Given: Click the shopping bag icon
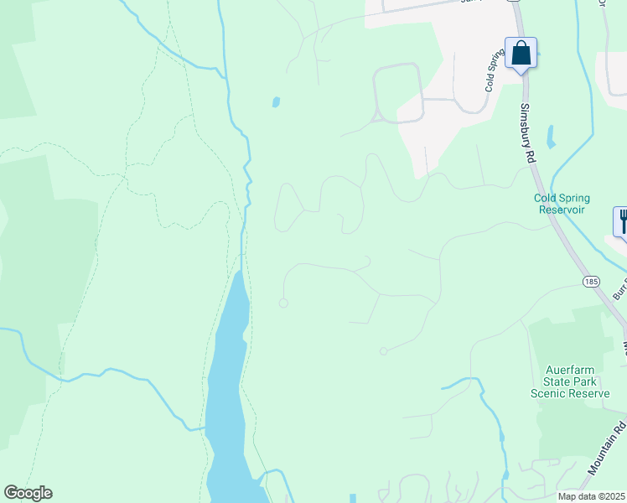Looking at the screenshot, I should (521, 54).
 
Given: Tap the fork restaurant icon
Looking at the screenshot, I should (622, 222).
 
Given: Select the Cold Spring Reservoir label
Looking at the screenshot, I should (562, 204).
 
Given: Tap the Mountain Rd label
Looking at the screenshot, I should (607, 453).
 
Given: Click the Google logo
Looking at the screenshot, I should (28, 493).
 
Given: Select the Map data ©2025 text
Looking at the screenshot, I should (591, 496).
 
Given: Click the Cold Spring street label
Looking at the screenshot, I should (495, 69).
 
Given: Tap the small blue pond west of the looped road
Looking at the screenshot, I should (276, 102).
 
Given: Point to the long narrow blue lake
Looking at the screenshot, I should (227, 394).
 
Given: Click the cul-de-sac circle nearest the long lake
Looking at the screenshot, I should (283, 303).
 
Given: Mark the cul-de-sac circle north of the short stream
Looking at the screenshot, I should (383, 351).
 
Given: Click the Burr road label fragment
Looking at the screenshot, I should (619, 288).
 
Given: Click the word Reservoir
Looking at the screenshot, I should (562, 210).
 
